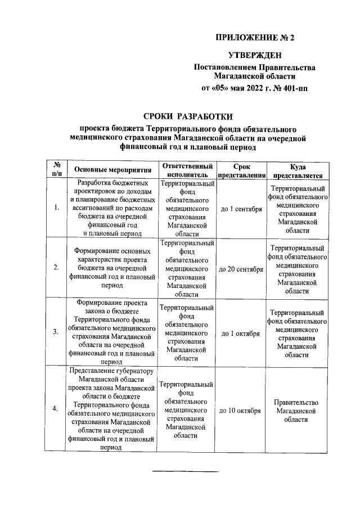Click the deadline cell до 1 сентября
click(241, 209)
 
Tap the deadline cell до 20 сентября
click(241, 268)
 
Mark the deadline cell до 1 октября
click(241, 333)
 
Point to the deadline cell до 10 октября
click(241, 411)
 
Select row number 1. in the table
click(56, 209)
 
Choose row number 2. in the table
click(56, 268)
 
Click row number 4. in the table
click(56, 409)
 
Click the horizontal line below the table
click(186, 470)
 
